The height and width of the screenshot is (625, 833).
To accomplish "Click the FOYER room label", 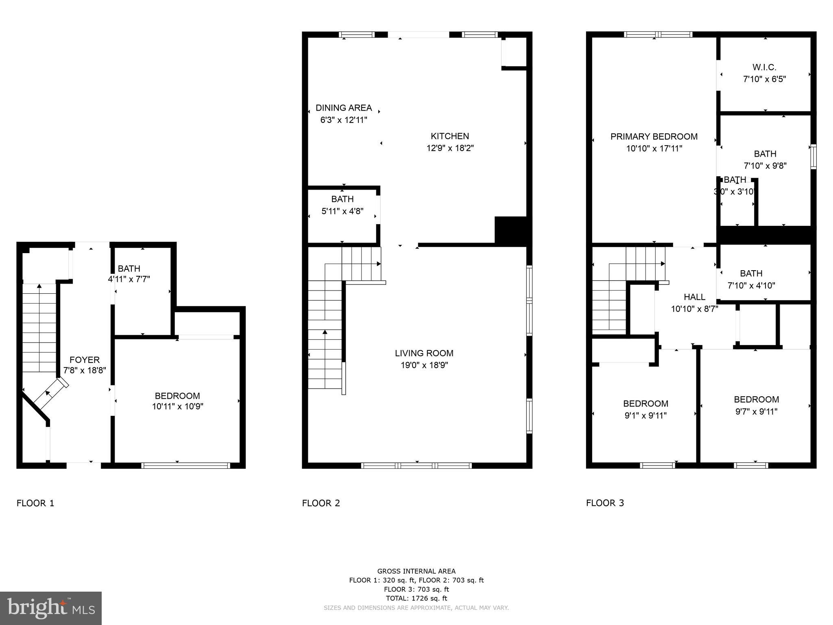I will (85, 360).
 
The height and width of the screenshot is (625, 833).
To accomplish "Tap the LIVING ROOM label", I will (424, 353).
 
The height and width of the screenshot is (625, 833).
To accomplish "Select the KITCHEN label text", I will (450, 136).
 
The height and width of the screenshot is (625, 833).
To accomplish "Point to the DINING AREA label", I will (344, 108).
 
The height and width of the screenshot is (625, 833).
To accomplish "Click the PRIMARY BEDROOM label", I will (654, 137).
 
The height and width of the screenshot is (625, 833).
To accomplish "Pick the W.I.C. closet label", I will (764, 67).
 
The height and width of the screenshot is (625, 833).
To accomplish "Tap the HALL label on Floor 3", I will (694, 297).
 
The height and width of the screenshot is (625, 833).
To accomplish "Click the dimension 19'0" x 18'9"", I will (424, 365).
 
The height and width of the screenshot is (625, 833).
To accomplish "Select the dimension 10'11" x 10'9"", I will (177, 406).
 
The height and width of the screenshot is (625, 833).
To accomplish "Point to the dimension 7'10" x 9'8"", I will (765, 166).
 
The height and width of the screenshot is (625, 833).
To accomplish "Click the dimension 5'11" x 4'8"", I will (342, 211).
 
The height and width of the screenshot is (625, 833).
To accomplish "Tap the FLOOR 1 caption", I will (35, 503).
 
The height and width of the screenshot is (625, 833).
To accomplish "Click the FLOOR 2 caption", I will (321, 503).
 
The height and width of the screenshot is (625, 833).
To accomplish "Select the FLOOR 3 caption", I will (605, 503).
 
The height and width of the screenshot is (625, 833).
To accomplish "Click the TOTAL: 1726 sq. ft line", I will (416, 598).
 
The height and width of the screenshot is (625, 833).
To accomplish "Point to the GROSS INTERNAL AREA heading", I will (416, 571).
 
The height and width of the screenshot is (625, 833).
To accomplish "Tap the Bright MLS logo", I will (51, 608).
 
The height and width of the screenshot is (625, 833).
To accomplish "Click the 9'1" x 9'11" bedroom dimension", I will (645, 415).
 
